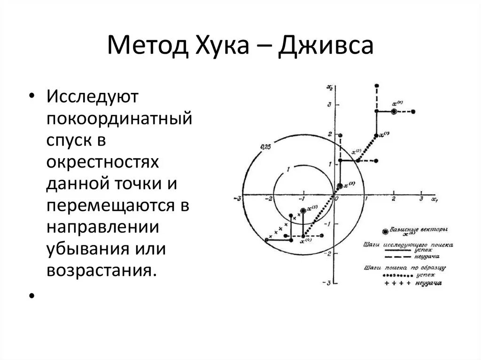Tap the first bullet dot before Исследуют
[31, 96]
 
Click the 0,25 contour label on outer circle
[265, 147]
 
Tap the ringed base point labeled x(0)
[394, 111]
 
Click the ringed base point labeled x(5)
[303, 212]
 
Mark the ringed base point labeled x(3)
[340, 186]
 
